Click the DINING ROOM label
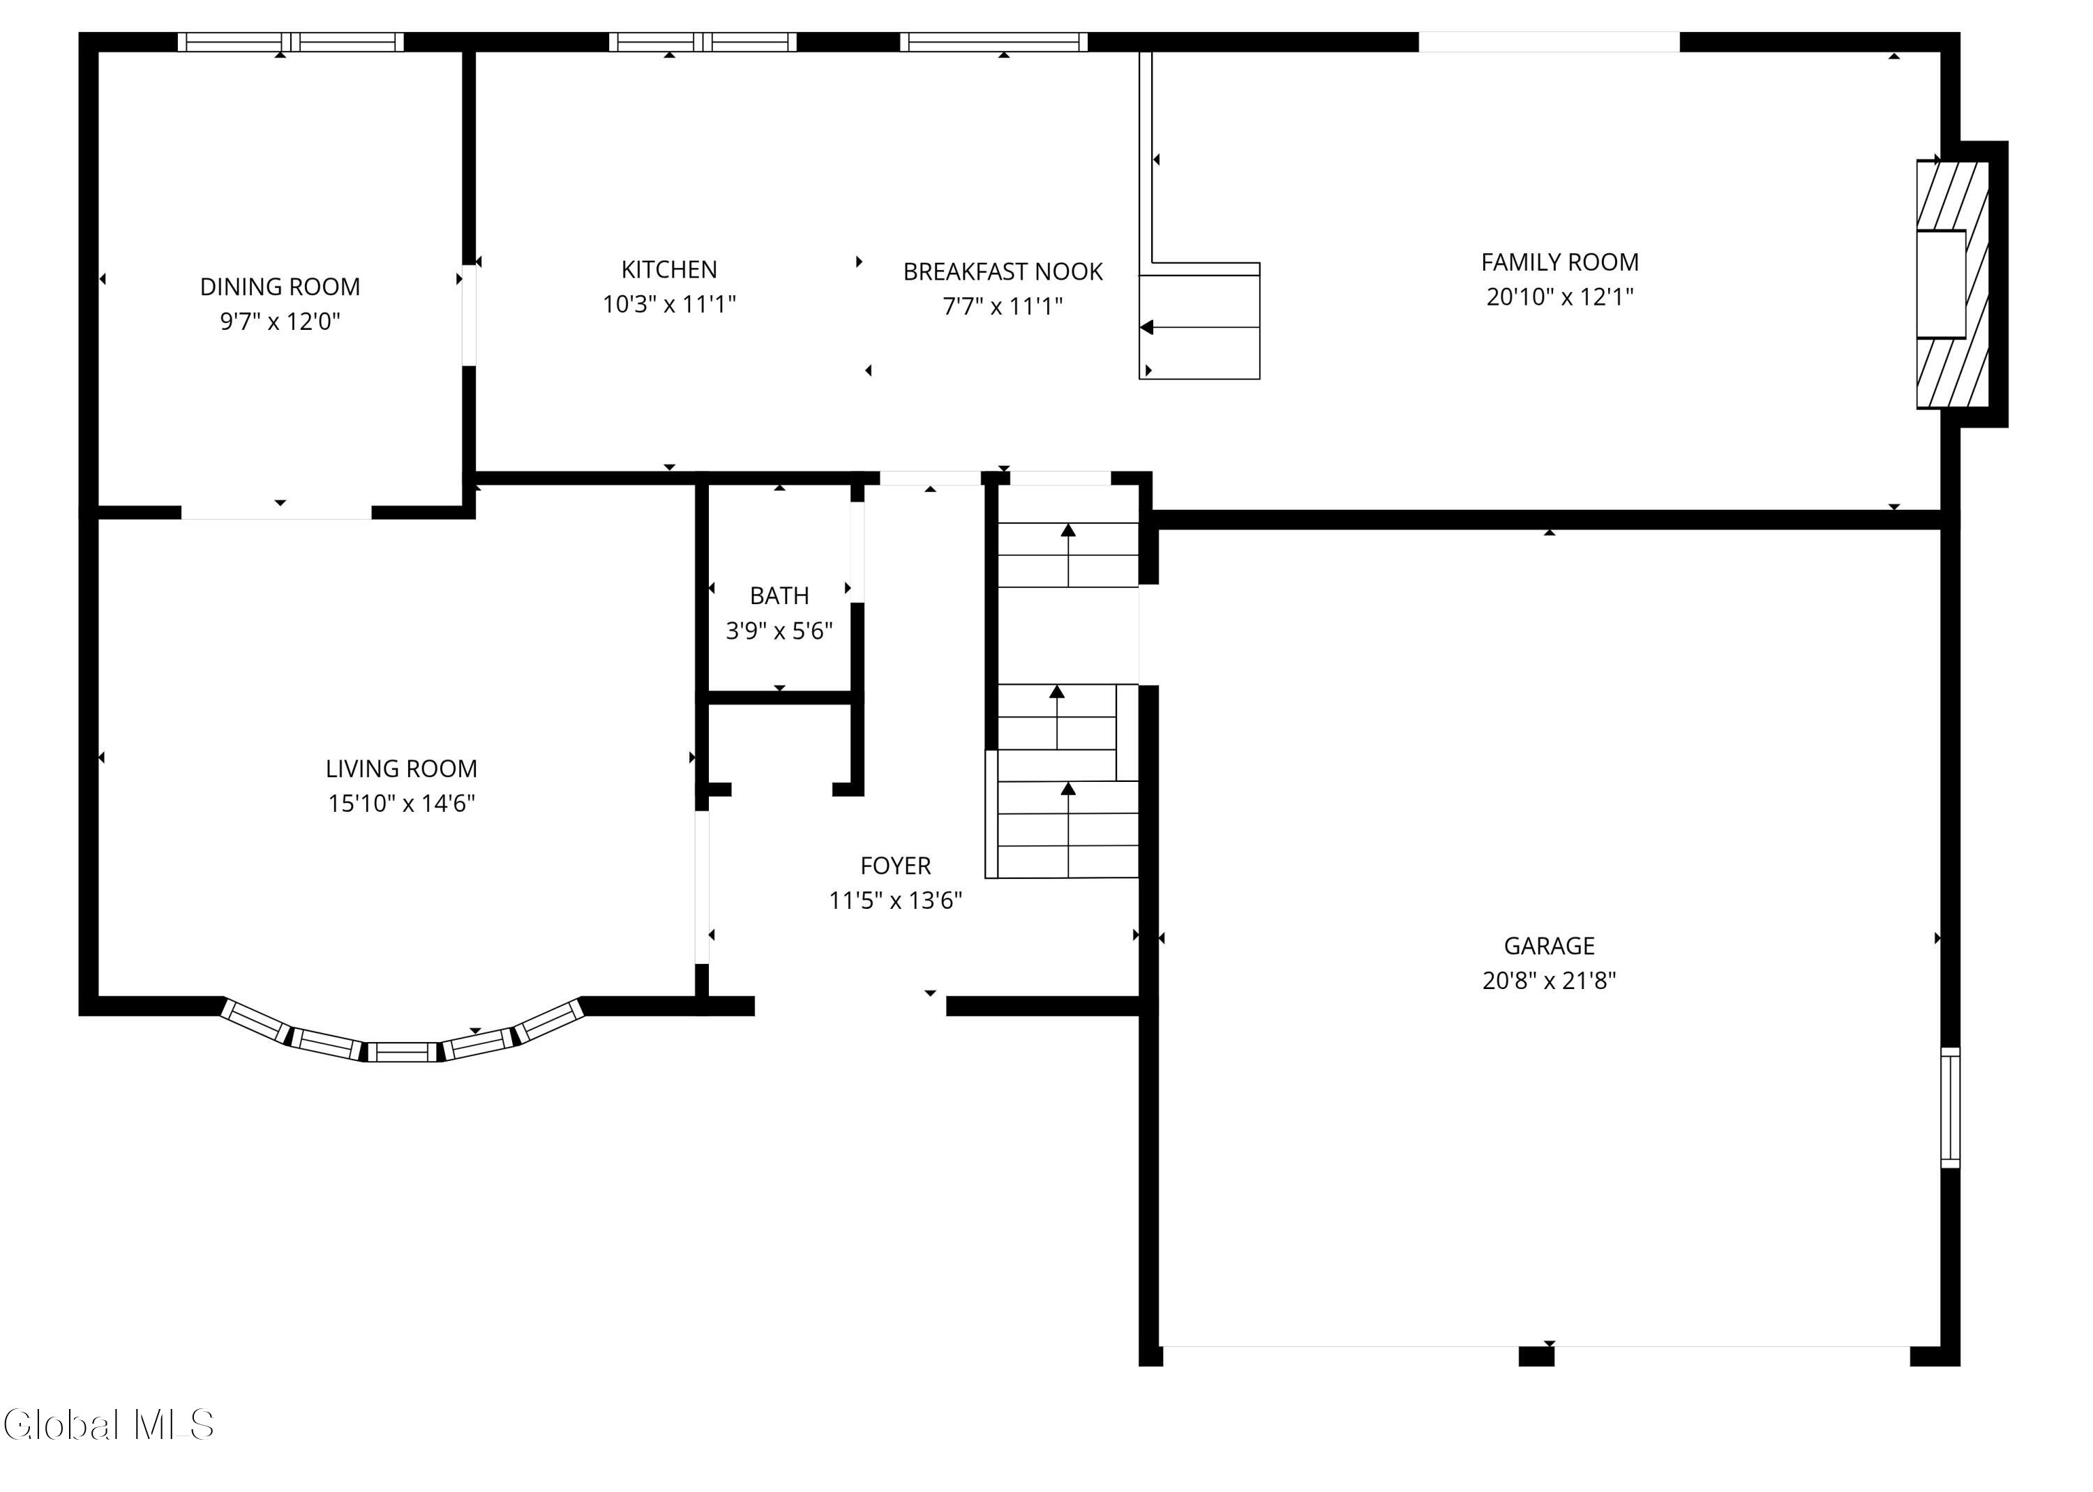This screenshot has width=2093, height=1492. point(280,287)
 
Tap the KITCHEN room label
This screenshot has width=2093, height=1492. point(669,269)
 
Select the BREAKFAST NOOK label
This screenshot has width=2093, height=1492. point(1003,272)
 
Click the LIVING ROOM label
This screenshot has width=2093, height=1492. point(402,769)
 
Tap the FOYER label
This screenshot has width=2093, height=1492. point(896,866)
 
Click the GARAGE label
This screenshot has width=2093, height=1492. point(1549,945)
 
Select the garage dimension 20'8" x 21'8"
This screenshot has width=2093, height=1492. point(1549,980)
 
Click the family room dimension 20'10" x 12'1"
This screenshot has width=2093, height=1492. point(1560,296)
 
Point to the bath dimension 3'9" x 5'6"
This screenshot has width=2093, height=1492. point(779,631)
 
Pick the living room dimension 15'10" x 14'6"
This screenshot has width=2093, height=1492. point(402,803)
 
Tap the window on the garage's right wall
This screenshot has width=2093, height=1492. point(1950,1107)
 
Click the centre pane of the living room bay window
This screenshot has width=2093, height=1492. point(404,1052)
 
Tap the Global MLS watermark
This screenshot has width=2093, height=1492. point(108,1424)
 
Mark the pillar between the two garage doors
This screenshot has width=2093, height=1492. point(1536,1356)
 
